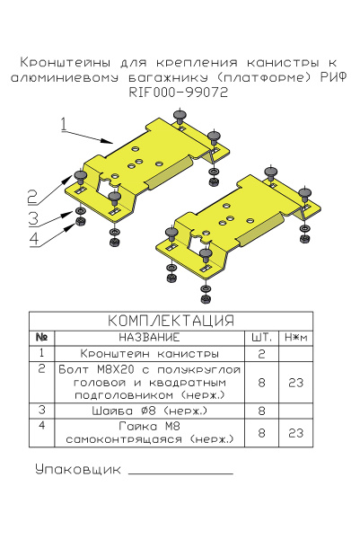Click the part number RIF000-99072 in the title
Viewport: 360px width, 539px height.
point(179,92)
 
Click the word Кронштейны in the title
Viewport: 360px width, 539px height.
point(64,63)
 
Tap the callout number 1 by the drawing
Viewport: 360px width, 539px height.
point(64,124)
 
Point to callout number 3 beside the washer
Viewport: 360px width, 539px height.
point(31,218)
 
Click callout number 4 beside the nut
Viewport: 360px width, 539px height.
point(32,238)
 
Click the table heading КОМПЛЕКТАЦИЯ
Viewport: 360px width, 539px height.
point(171,321)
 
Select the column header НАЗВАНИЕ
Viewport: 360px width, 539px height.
point(149,337)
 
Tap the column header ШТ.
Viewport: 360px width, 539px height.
point(261,337)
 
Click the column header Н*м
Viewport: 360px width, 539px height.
point(295,337)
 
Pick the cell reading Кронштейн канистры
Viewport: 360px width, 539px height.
point(149,353)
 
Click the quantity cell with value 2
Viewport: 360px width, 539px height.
point(261,353)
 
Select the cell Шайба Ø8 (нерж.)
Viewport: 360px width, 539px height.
point(149,410)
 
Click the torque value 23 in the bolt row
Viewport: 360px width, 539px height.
point(295,382)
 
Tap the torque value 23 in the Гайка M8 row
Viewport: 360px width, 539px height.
point(295,432)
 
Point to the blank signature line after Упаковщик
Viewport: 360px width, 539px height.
point(180,472)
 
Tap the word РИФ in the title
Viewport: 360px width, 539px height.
point(333,77)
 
